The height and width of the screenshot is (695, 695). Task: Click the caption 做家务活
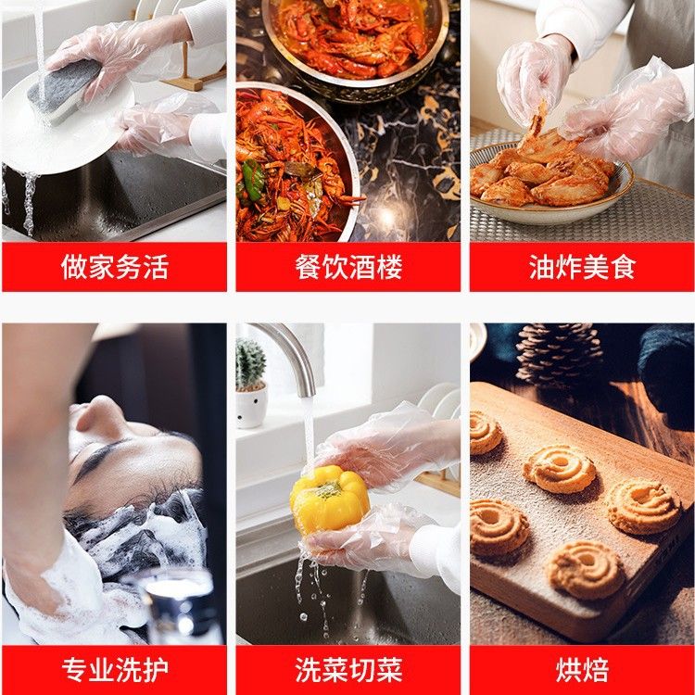(115, 267)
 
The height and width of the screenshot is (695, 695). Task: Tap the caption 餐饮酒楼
(348, 267)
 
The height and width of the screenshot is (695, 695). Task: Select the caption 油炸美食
(583, 267)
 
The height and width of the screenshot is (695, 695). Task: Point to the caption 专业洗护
(115, 670)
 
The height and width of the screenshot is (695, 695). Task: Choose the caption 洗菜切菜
(348, 670)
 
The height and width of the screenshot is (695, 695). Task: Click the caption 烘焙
(583, 670)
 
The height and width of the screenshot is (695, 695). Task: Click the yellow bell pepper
(329, 499)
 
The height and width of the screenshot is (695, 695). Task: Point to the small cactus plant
(250, 364)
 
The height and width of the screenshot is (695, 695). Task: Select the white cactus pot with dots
(251, 406)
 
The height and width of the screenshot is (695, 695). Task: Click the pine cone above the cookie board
(559, 354)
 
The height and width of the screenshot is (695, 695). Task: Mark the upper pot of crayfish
(355, 40)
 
